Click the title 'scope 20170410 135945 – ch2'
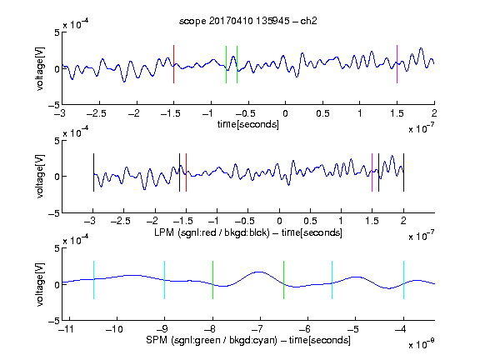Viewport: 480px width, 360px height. click(248, 21)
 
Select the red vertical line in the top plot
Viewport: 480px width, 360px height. click(173, 64)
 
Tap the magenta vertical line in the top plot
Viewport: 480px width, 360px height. click(397, 64)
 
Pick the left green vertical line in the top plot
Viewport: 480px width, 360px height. click(226, 64)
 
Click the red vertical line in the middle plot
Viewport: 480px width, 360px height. click(186, 172)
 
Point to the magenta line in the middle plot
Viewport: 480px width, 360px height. click(372, 172)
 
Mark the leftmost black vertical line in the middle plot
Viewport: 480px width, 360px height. click(93, 172)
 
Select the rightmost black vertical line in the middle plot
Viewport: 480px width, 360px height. click(404, 172)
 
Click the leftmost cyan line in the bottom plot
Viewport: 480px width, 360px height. click(93, 280)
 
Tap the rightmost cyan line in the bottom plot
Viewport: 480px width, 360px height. click(404, 280)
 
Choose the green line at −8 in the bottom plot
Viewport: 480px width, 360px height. click(212, 280)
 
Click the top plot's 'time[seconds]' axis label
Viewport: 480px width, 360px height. click(248, 125)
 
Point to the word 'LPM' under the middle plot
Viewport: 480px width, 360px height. click(164, 232)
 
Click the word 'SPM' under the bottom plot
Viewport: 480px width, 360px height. click(157, 340)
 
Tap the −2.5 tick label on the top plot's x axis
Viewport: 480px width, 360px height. click(97, 113)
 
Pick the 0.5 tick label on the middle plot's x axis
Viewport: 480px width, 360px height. click(310, 221)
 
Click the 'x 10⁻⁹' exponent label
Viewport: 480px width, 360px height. click(422, 344)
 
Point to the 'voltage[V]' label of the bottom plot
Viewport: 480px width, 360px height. click(40, 284)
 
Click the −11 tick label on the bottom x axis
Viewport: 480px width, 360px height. click(67, 329)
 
